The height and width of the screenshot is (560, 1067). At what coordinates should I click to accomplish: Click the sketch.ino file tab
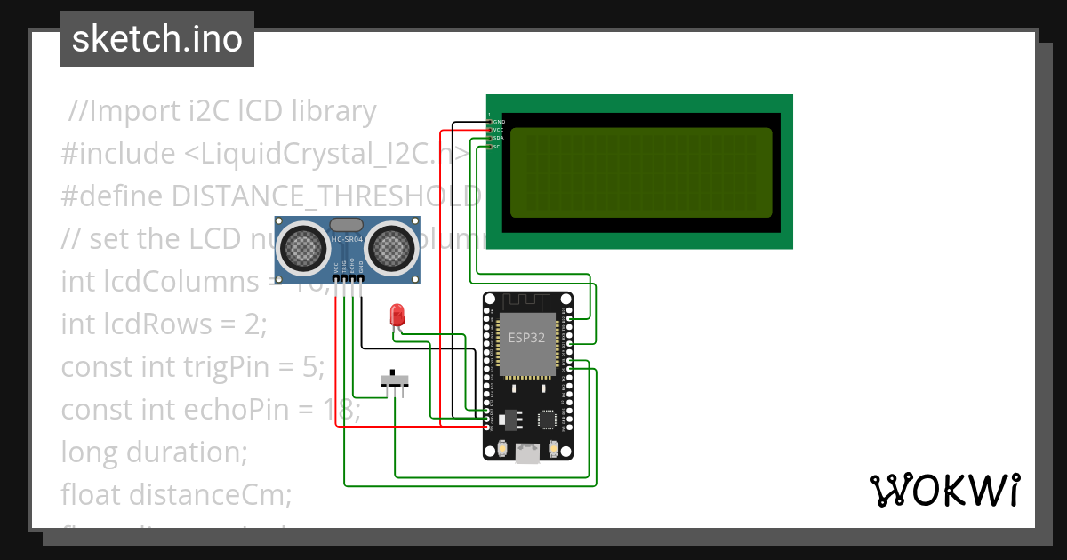(156, 39)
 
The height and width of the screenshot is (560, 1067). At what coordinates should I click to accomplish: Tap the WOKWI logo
(944, 490)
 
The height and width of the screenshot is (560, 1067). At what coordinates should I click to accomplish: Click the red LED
(397, 315)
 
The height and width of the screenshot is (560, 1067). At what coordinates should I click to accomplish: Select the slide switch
(396, 380)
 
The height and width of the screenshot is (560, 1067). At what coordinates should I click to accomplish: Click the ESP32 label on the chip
(526, 338)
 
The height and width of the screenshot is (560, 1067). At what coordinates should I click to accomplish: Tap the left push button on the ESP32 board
(503, 449)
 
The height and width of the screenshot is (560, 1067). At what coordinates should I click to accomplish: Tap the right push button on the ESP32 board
(553, 449)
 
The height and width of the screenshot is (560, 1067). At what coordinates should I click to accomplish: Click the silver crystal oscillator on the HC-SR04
(346, 225)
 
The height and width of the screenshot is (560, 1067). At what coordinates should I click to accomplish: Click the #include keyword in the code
(118, 154)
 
